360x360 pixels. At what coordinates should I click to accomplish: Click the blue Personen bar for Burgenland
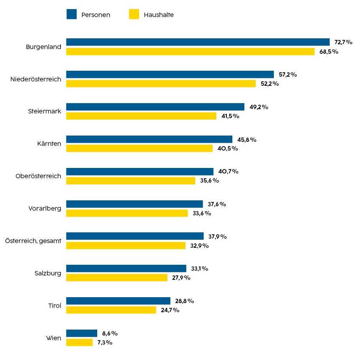click(198, 42)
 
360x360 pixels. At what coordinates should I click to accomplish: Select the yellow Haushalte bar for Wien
click(79, 342)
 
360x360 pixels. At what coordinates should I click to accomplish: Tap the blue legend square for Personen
click(72, 15)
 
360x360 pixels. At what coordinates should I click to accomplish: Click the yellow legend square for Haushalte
click(134, 15)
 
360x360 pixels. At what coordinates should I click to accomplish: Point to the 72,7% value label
click(343, 42)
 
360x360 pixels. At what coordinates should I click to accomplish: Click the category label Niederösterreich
click(36, 79)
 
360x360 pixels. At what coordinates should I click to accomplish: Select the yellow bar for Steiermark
click(141, 116)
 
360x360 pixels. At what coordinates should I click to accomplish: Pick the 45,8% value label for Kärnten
click(247, 139)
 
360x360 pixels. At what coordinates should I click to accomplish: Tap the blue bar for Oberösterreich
click(139, 172)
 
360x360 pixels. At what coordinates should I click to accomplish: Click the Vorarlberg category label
click(45, 208)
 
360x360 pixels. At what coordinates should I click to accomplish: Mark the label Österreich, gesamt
click(33, 241)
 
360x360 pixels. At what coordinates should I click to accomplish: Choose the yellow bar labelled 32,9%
click(126, 245)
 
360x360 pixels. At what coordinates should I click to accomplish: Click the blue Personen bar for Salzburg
click(126, 269)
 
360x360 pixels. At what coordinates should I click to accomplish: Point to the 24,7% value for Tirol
click(170, 310)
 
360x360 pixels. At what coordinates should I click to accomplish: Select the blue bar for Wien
click(81, 333)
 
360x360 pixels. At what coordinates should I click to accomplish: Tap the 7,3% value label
click(105, 343)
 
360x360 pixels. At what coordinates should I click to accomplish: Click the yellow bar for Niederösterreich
click(161, 84)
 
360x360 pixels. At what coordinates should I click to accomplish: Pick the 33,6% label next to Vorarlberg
click(202, 213)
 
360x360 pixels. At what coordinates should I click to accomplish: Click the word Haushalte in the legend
click(159, 15)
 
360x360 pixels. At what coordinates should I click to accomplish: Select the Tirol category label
click(55, 305)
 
